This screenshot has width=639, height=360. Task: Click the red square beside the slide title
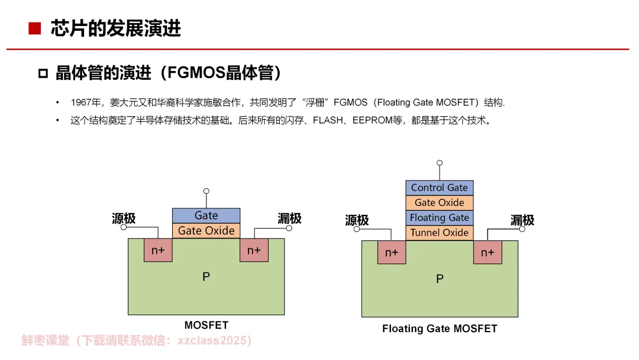(x=34, y=28)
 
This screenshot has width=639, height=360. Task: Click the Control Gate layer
(x=440, y=188)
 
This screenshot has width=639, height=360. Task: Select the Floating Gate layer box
(x=440, y=217)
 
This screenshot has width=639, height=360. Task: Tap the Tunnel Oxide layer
(x=440, y=233)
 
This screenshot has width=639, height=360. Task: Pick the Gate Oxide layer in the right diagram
(x=440, y=202)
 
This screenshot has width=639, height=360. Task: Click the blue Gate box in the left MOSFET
(x=206, y=216)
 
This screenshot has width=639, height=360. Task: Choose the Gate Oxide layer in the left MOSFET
(x=206, y=231)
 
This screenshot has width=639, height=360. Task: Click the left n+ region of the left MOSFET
(x=158, y=250)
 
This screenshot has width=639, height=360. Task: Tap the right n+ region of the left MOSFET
(x=254, y=250)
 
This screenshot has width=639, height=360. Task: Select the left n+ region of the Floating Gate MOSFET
(x=392, y=252)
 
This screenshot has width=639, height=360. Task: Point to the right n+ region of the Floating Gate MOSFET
(x=488, y=252)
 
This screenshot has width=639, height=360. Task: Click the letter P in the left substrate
(x=206, y=277)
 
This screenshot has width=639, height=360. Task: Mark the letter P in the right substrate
(x=440, y=279)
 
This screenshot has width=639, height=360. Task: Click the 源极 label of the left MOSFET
(x=124, y=218)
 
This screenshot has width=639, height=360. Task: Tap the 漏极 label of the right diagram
(x=522, y=220)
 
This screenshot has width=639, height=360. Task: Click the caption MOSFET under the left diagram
(x=206, y=325)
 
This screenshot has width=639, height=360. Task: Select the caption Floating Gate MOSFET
(x=440, y=329)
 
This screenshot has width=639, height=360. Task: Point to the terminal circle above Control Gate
(x=439, y=163)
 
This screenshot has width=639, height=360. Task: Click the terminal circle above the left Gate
(x=206, y=191)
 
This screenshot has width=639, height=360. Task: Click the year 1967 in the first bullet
(x=80, y=103)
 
